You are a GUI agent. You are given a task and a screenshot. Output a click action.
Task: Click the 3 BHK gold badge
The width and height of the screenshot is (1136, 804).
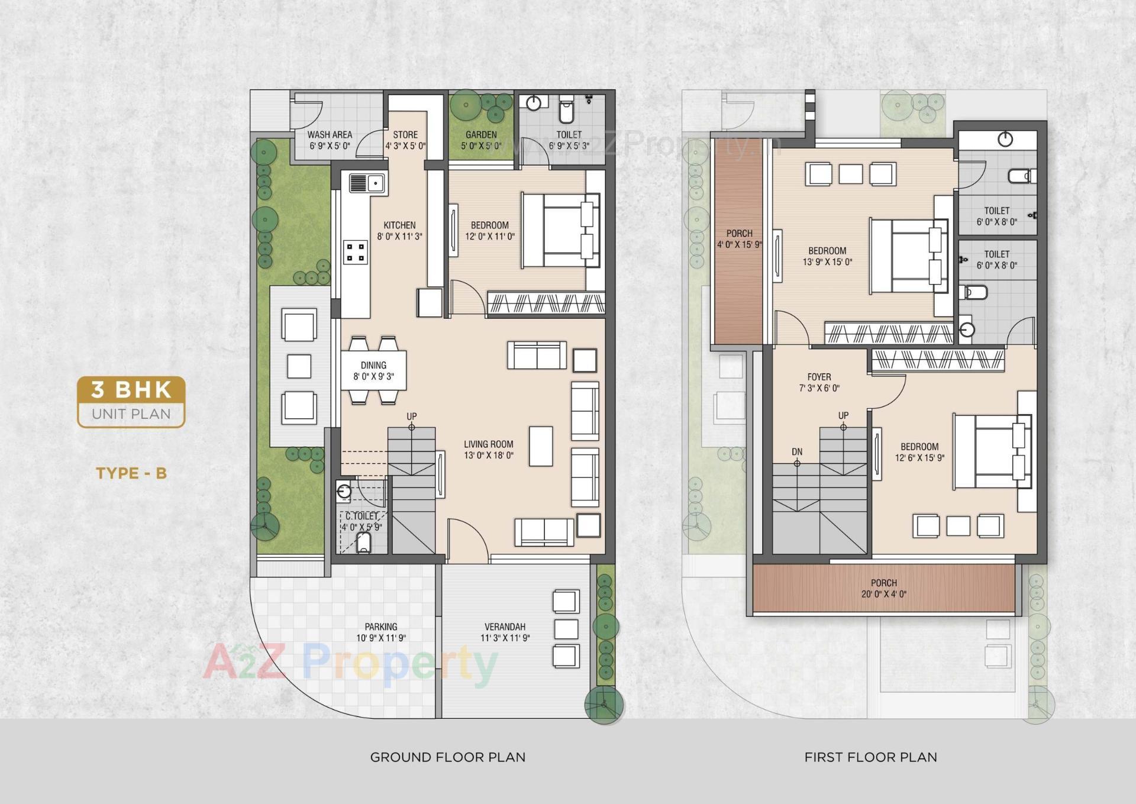pyautogui.click(x=131, y=390)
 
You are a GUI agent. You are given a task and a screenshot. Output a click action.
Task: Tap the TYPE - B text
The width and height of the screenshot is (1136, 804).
pyautogui.click(x=131, y=473)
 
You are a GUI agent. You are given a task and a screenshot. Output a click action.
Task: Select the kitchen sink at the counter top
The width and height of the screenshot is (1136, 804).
pyautogui.click(x=367, y=183)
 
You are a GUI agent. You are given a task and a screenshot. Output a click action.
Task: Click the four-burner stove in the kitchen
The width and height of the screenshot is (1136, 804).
pyautogui.click(x=356, y=253)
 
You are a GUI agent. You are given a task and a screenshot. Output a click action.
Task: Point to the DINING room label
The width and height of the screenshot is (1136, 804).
pyautogui.click(x=373, y=366)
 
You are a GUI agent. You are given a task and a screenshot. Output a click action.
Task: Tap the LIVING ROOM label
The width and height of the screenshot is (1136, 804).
pyautogui.click(x=488, y=444)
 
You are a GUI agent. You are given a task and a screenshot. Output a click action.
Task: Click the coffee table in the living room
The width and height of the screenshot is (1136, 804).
pyautogui.click(x=541, y=446)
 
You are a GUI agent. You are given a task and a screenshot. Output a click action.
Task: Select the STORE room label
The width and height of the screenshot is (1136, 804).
pyautogui.click(x=405, y=135)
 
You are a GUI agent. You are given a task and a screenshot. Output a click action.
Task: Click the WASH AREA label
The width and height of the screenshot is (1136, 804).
pyautogui.click(x=330, y=135)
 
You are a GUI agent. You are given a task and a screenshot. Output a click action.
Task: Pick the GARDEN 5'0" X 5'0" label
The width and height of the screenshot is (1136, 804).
pyautogui.click(x=481, y=140)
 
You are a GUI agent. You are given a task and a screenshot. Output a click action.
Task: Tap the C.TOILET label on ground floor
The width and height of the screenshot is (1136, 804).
pyautogui.click(x=362, y=516)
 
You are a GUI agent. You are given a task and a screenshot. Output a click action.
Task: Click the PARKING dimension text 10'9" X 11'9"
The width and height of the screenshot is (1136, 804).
pyautogui.click(x=381, y=638)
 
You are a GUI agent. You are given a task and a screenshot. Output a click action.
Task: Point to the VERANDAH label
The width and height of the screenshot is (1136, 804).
pyautogui.click(x=505, y=627)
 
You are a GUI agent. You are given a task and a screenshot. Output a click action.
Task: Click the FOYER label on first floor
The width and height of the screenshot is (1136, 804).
pyautogui.click(x=819, y=377)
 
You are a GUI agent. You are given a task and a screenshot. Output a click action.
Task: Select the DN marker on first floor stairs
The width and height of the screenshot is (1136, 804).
pyautogui.click(x=797, y=452)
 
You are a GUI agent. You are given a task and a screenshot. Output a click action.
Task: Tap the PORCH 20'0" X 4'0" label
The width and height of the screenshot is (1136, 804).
pyautogui.click(x=883, y=589)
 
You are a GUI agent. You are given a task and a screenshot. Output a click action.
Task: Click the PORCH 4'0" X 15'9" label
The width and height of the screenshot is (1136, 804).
pyautogui.click(x=739, y=239)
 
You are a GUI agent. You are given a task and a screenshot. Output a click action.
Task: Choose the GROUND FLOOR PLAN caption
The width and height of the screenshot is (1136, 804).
pyautogui.click(x=447, y=757)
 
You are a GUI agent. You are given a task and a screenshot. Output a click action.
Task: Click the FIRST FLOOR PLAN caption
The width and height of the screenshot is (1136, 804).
pyautogui.click(x=870, y=757)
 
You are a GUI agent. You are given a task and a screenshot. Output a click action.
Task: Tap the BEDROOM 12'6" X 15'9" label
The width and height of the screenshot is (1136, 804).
pyautogui.click(x=919, y=453)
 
